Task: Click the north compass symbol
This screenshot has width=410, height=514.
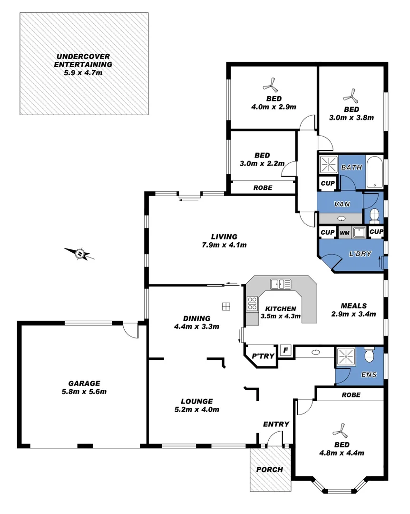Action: pos(80,254)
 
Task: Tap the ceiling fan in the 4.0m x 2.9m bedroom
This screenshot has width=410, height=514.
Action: pos(270,86)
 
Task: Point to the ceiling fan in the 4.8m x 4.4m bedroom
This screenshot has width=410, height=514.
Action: pos(340,431)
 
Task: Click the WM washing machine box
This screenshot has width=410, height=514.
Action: pos(344,233)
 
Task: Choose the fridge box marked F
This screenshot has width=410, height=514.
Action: pos(285,351)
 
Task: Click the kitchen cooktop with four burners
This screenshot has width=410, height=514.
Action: pos(252,304)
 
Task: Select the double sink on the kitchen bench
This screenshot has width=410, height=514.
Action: pos(281,284)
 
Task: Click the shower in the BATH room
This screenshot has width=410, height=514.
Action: pos(328,165)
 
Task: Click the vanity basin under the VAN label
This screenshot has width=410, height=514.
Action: pos(342,219)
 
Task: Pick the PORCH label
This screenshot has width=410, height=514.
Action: pos(270,469)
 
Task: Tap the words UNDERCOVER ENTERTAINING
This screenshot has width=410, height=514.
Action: pos(83,60)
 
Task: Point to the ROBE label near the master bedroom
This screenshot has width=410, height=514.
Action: pos(350,395)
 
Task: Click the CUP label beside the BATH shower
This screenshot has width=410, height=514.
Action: pos(327,183)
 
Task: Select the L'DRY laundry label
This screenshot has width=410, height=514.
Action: pos(360,254)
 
